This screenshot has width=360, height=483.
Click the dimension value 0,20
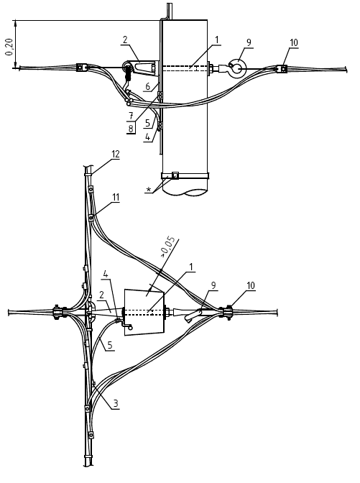click(9, 47)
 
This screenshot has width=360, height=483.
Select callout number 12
click(116, 154)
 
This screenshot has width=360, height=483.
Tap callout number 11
click(116, 197)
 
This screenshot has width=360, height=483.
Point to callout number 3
click(116, 403)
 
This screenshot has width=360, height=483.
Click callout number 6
click(148, 86)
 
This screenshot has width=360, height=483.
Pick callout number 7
click(131, 116)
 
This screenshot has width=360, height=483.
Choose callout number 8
click(131, 129)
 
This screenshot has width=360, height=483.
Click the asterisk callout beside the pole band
click(149, 190)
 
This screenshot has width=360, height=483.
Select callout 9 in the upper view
click(249, 42)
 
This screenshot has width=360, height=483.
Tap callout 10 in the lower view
click(251, 285)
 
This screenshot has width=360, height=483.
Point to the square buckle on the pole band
click(175, 175)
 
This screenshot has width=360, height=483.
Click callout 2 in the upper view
click(125, 40)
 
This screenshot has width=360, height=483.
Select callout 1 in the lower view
click(191, 267)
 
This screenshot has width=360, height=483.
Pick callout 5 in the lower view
click(110, 345)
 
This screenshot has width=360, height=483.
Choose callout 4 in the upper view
click(148, 137)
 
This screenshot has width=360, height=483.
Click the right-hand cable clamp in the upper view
click(282, 69)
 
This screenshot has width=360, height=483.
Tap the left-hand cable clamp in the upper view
click(81, 68)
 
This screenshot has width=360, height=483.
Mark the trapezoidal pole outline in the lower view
click(144, 312)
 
